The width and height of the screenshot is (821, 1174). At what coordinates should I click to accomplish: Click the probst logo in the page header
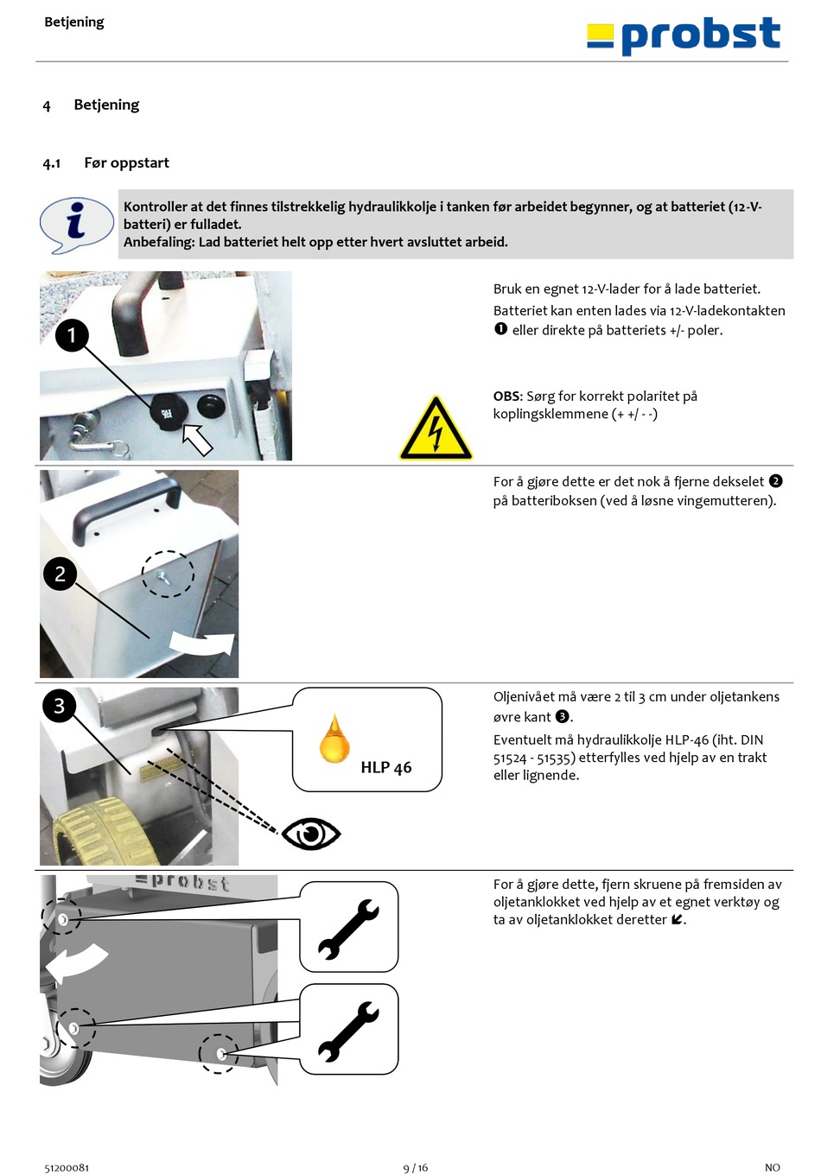(x=683, y=35)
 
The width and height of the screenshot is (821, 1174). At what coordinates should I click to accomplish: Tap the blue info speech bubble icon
(x=77, y=225)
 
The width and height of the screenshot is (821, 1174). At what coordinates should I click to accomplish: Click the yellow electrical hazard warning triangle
(x=436, y=428)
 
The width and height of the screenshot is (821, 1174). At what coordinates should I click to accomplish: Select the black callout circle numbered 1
(x=72, y=335)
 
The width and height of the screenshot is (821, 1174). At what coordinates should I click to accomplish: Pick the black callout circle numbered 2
(x=60, y=574)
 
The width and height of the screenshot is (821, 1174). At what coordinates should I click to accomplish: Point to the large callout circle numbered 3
(x=60, y=706)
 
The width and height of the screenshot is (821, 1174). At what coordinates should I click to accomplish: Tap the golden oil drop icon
(x=334, y=738)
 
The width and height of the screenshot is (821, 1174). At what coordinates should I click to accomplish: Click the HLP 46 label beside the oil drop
(x=385, y=767)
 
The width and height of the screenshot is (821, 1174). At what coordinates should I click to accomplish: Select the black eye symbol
(x=311, y=834)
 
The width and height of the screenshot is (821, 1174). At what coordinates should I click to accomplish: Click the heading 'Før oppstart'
(x=126, y=163)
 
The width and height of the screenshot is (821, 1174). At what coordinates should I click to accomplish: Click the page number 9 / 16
(x=415, y=1168)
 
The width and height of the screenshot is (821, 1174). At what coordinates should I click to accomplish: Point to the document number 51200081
(x=67, y=1168)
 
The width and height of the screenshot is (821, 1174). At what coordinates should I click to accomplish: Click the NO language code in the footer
(x=773, y=1168)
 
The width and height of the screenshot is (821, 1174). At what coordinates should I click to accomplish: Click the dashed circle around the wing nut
(x=168, y=574)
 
